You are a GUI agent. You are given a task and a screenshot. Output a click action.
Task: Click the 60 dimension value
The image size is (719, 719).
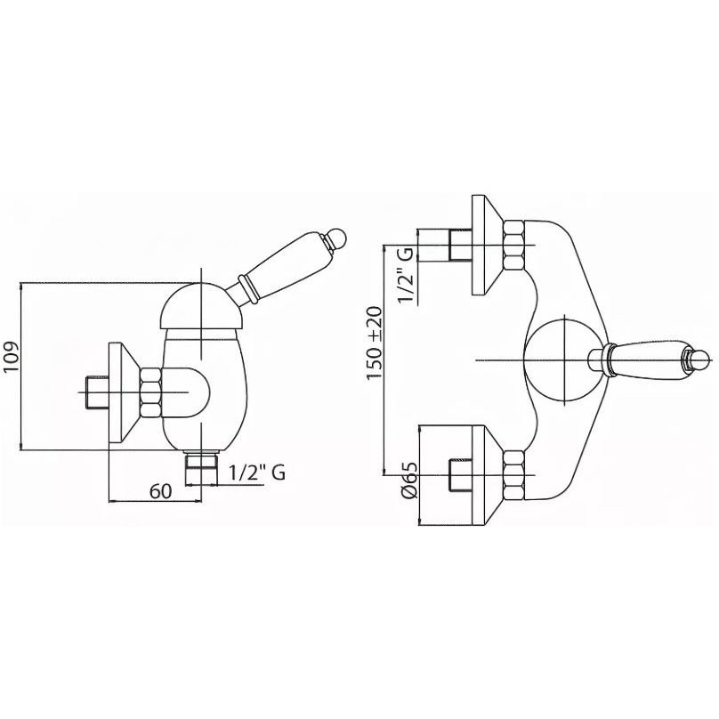click(160, 491)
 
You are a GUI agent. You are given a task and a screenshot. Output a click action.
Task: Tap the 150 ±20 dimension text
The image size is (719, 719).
click(374, 343)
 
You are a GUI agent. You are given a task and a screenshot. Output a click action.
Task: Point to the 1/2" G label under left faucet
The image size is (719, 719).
click(257, 472)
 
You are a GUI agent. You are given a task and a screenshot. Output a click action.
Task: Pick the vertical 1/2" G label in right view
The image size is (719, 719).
click(406, 275)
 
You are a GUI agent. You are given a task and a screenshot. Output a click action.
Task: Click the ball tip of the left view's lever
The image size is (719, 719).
click(338, 238)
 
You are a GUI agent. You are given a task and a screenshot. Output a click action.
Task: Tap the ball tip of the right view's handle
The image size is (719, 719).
click(700, 359)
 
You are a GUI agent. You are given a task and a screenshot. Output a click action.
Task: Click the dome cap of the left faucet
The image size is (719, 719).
click(201, 306)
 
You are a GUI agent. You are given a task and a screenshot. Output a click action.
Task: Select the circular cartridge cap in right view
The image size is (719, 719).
click(564, 360)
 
